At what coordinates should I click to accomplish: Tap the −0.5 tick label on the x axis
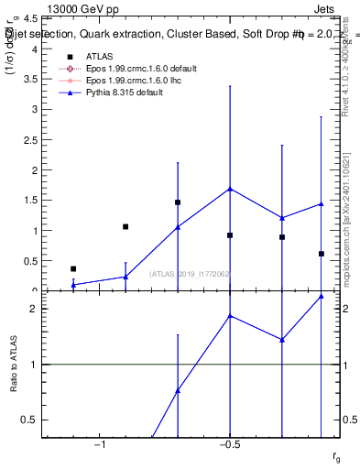229,444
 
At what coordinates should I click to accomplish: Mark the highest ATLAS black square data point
178,202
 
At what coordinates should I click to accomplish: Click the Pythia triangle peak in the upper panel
230,189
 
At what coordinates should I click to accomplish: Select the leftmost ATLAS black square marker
73,268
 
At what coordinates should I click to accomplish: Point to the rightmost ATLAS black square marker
322,254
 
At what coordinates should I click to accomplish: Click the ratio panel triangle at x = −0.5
230,316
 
